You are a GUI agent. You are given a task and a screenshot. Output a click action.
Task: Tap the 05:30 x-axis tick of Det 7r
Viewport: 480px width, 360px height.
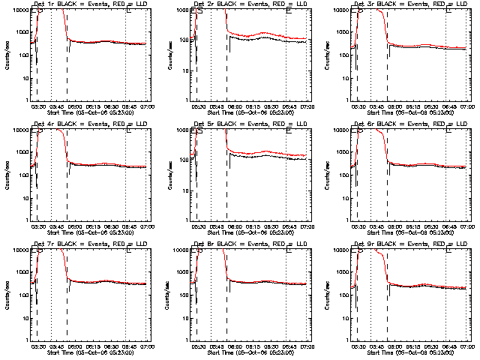tap(37, 346)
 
